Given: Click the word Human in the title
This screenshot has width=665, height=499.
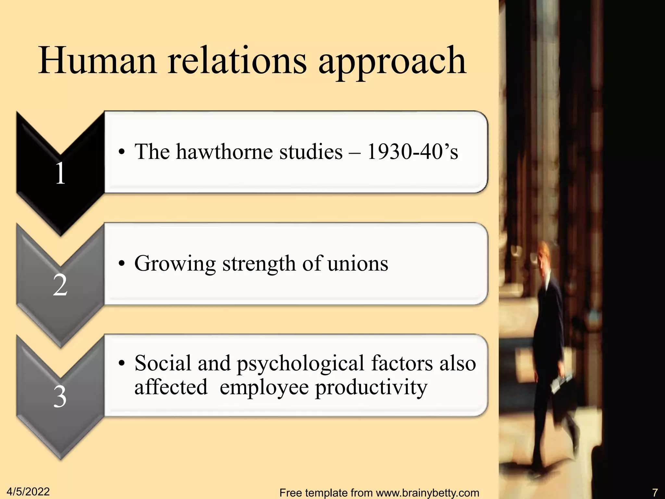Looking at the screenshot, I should pos(97,61).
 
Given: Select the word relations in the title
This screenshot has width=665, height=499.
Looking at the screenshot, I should pos(237,61).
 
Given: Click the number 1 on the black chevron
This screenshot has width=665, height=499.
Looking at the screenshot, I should pos(60,173).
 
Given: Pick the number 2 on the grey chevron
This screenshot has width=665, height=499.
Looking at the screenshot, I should pos(60,285).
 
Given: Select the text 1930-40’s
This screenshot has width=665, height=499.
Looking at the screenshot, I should pos(412,152).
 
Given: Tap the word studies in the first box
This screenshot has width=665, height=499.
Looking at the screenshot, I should pos(311,152).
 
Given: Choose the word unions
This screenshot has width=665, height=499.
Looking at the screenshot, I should pos(358,263).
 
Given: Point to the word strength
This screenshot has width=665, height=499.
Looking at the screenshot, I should pos(259,264).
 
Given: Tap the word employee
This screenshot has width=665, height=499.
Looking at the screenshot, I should pos(264,388).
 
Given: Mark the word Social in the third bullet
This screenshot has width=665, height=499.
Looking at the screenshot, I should pos(163,363).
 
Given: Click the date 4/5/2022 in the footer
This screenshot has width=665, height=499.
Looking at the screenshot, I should pos(28,492).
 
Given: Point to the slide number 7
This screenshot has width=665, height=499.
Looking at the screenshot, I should pos(655,493).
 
